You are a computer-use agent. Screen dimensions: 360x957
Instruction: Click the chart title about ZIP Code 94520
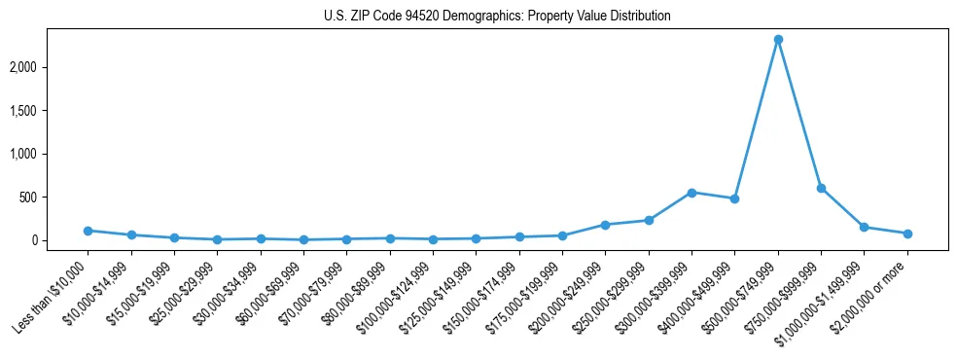tap(497, 17)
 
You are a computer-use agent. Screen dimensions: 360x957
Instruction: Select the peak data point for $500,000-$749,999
tap(778, 40)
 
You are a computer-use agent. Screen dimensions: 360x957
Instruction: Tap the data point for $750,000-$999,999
tap(821, 188)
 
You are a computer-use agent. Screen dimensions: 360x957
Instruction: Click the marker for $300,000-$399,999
tap(691, 193)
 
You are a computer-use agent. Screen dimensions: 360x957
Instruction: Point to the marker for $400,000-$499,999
tap(734, 198)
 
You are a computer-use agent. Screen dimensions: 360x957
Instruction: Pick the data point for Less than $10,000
tap(88, 231)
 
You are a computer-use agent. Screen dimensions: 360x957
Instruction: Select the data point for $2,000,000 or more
tap(907, 234)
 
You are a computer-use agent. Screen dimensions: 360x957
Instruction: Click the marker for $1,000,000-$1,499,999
tap(864, 227)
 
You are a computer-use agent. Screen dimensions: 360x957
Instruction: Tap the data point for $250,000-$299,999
tap(649, 220)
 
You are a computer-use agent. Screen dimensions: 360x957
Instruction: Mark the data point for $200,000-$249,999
tap(605, 225)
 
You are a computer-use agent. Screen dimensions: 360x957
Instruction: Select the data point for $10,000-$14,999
tap(131, 234)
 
